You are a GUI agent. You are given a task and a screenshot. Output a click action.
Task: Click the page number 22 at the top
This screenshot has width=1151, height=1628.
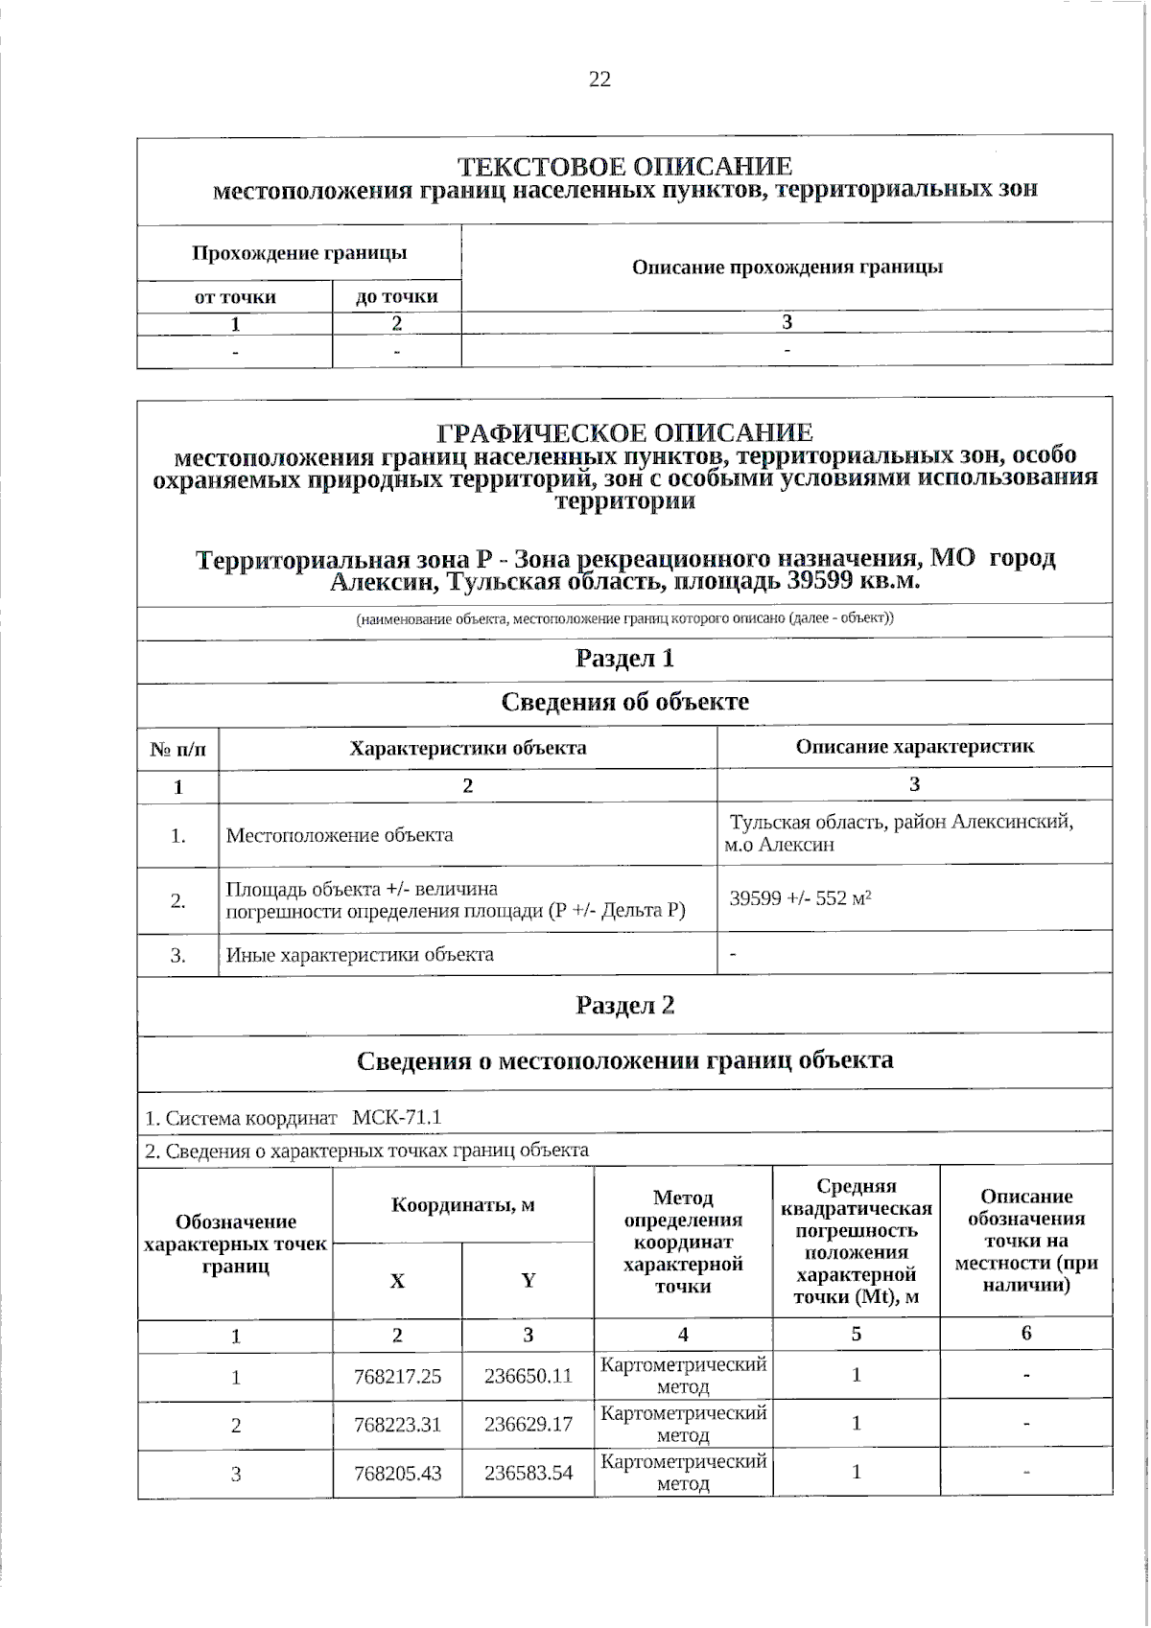[599, 80]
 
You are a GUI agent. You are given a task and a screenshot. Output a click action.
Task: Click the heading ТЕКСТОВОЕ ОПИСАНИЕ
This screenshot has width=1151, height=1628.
[624, 167]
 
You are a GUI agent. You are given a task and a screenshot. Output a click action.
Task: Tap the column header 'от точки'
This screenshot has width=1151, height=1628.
[235, 297]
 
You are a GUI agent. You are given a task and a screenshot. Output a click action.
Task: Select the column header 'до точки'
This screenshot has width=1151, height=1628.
[396, 297]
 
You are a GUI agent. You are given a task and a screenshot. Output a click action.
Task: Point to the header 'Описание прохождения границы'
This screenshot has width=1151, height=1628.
[787, 267]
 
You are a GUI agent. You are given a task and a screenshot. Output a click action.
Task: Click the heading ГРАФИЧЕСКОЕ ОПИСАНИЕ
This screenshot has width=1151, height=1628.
[624, 432]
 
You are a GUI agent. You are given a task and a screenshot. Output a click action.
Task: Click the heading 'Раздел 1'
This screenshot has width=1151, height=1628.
[624, 659]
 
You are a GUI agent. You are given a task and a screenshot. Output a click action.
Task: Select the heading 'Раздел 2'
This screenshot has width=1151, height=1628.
[624, 1005]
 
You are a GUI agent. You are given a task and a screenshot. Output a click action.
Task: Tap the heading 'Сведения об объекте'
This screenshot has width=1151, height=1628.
[624, 702]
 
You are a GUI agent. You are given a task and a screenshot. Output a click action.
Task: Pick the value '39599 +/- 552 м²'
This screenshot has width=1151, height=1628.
[800, 899]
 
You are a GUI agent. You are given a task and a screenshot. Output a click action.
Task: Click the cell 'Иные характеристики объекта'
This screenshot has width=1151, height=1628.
[360, 955]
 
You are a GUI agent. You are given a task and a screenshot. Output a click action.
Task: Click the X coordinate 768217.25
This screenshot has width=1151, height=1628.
[397, 1377]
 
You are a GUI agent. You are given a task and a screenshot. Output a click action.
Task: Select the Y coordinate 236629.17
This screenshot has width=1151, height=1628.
[528, 1425]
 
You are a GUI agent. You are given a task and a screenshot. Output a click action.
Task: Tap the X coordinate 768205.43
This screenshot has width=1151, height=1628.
[397, 1474]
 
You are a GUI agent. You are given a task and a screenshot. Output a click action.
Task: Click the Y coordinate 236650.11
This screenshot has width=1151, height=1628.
[528, 1377]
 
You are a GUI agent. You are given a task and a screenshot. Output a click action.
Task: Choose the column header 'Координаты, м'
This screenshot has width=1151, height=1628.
[462, 1205]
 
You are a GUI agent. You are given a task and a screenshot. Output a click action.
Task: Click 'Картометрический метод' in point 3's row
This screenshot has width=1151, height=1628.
[683, 1473]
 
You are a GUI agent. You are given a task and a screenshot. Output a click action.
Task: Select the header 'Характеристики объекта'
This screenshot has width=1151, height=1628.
[467, 748]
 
